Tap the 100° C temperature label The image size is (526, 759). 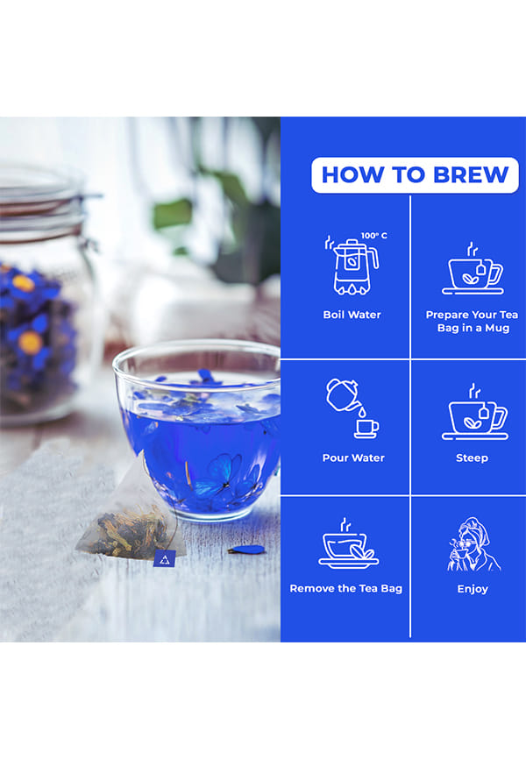pos(374,236)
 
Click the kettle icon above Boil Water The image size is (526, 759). pos(352,266)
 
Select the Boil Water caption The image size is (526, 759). pos(352,315)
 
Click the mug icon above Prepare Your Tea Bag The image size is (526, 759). pos(473,270)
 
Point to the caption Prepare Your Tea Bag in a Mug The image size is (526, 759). pos(473,322)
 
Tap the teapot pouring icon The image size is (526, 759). pos(352,408)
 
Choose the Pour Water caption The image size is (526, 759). pos(353,458)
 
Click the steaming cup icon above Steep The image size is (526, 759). pos(474,413)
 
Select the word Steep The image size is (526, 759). pos(473,458)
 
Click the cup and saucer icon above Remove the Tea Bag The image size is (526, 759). pos(348,543)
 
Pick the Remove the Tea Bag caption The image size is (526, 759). pos(345,589)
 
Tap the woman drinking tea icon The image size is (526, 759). pos(473,544)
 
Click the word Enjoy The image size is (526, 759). pos(473,589)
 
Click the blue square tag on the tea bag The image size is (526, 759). pos(165,559)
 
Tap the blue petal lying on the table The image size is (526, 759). pos(246,550)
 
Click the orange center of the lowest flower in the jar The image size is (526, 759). pos(30,342)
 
